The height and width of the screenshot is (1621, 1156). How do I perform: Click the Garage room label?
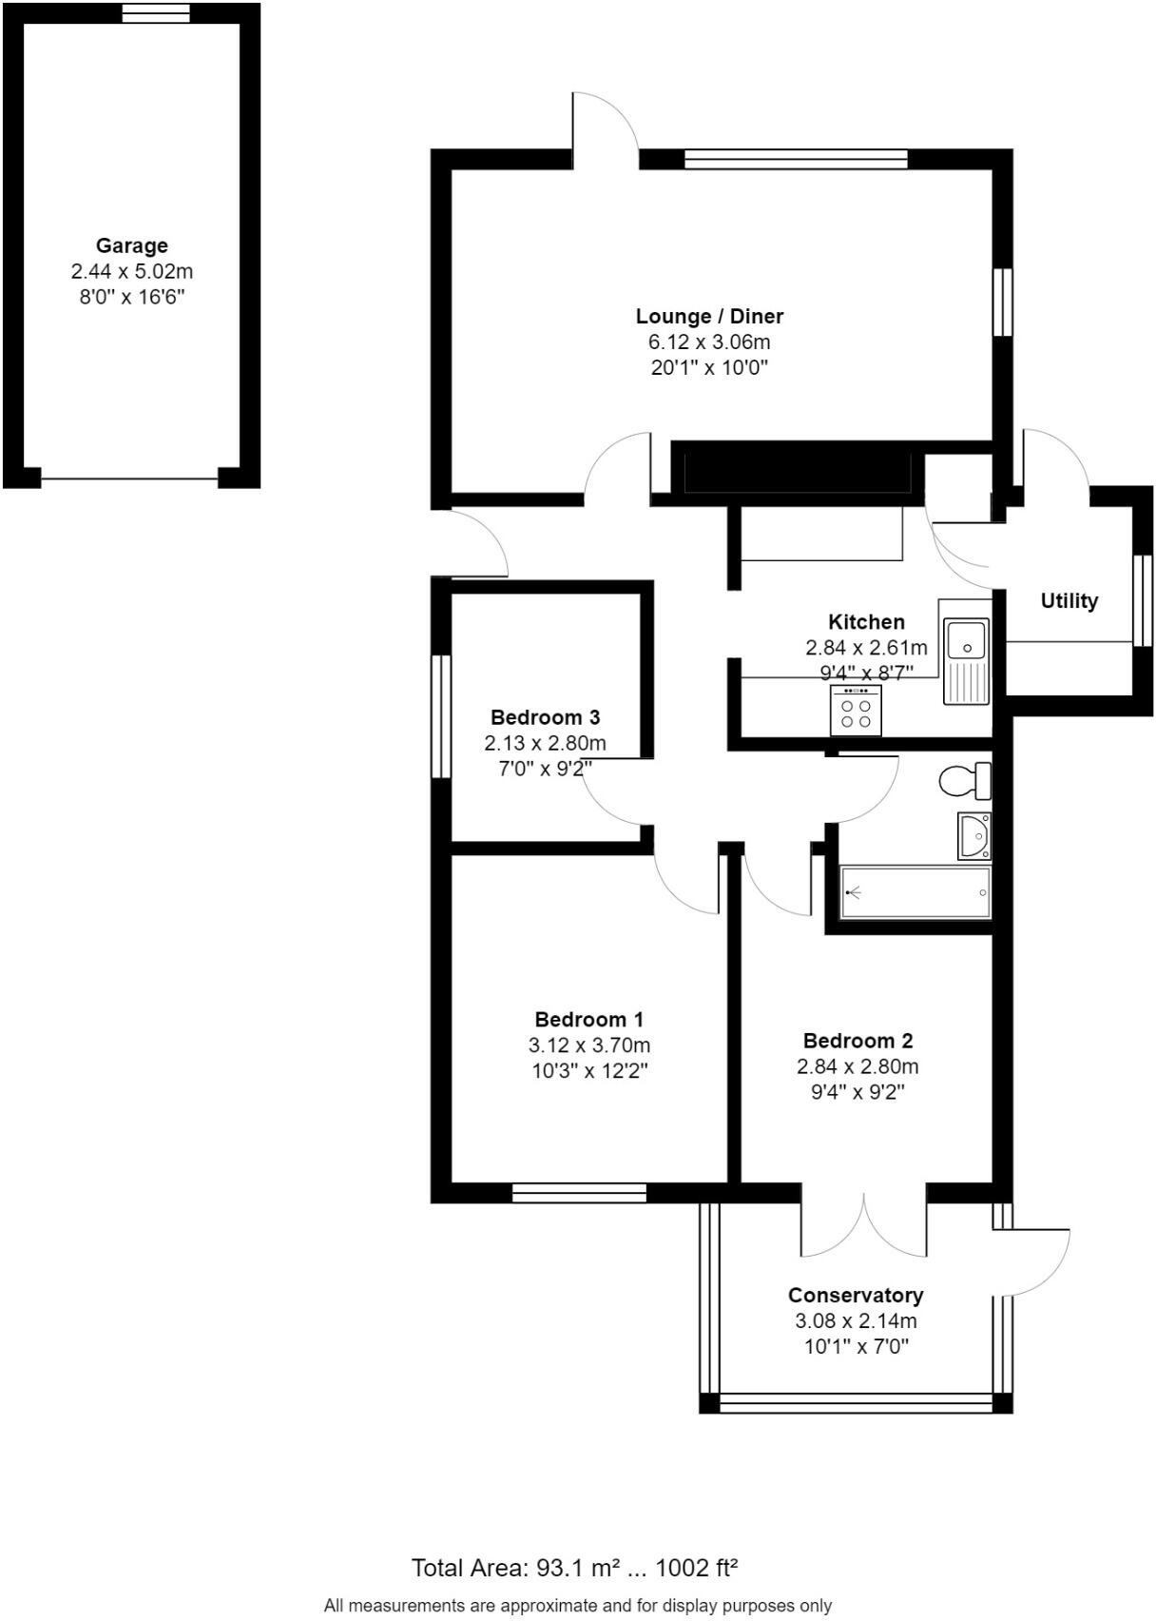[131, 245]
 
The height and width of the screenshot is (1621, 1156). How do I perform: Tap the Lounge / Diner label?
[709, 316]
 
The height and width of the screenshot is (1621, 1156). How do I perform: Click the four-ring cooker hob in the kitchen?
[856, 710]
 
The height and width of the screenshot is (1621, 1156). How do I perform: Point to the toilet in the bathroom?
[964, 782]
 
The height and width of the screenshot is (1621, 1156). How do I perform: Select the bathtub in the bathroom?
[915, 892]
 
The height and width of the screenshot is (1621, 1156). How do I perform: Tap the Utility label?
[1069, 600]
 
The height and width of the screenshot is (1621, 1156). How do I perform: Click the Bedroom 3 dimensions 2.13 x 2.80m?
[545, 743]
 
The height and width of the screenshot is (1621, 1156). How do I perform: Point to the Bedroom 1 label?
[588, 1019]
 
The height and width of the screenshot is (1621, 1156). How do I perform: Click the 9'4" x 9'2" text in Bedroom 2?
[857, 1092]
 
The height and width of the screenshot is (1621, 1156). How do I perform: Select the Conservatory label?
[856, 1295]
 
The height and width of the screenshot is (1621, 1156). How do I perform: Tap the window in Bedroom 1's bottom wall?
[579, 1193]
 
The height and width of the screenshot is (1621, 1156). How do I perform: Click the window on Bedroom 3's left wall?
[440, 715]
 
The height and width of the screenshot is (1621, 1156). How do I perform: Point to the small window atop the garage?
[156, 12]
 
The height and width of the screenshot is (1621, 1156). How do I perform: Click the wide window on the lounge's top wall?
[796, 159]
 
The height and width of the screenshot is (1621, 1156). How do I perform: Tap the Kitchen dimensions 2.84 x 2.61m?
[866, 648]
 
